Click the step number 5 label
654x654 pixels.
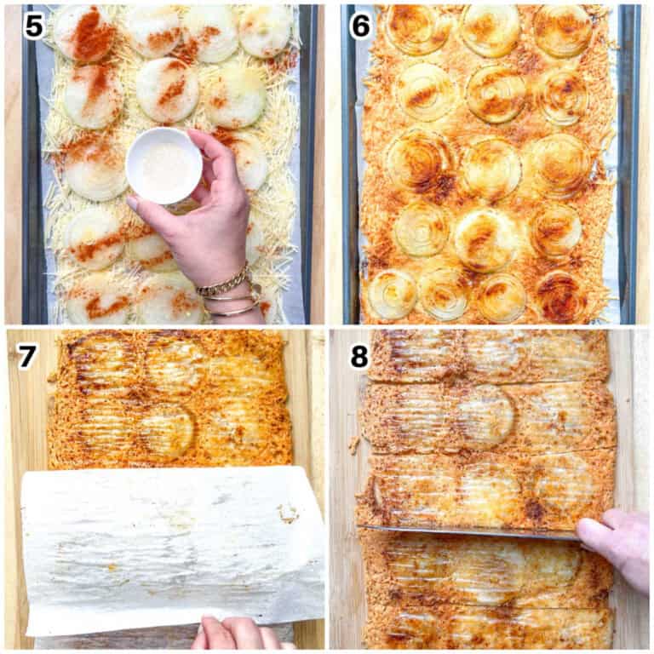[34, 26]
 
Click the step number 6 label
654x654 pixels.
[361, 26]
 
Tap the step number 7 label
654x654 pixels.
[27, 356]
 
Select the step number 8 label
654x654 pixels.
[359, 356]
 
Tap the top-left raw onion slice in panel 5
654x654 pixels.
[83, 32]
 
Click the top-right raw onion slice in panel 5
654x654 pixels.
[265, 30]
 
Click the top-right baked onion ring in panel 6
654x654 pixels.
[562, 30]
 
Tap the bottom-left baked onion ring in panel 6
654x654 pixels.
[392, 295]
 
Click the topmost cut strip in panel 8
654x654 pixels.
[490, 355]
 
